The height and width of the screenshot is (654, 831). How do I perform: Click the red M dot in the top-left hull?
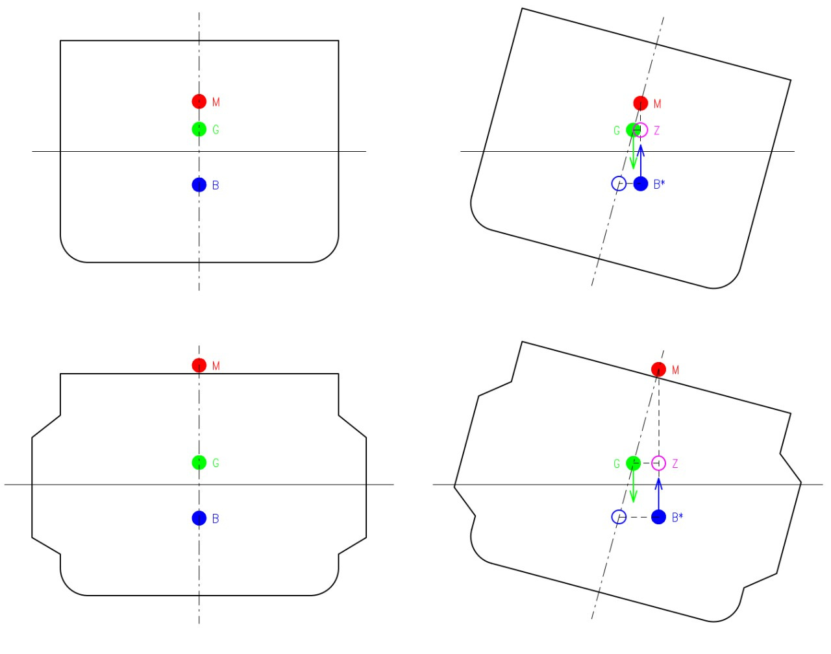[x=199, y=101]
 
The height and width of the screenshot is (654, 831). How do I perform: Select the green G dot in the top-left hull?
[x=199, y=129]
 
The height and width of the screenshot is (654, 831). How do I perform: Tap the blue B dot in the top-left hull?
[x=199, y=185]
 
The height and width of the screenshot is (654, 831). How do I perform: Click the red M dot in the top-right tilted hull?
[x=641, y=103]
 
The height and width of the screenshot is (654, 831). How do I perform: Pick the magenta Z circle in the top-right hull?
[x=641, y=130]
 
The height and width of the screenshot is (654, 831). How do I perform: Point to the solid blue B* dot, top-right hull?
[x=641, y=184]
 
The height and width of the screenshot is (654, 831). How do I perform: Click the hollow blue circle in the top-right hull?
[x=619, y=184]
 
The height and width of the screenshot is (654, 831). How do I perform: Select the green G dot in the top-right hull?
[x=633, y=130]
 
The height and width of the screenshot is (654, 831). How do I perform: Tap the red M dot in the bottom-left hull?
[x=199, y=365]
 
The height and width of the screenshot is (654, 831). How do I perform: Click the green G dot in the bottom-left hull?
[x=199, y=463]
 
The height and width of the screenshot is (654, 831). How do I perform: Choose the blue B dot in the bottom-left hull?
[x=199, y=518]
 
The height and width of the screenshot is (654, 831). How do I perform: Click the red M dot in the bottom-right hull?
[x=659, y=369]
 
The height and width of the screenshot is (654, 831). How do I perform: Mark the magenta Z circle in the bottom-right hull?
[x=659, y=463]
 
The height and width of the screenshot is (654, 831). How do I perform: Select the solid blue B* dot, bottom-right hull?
[x=659, y=517]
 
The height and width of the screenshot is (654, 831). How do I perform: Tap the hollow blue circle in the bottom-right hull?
[x=619, y=517]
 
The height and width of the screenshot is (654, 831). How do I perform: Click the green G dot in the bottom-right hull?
[x=633, y=463]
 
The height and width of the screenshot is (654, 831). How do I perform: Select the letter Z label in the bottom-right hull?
[x=675, y=464]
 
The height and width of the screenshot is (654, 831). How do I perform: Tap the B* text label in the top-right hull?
[x=660, y=184]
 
